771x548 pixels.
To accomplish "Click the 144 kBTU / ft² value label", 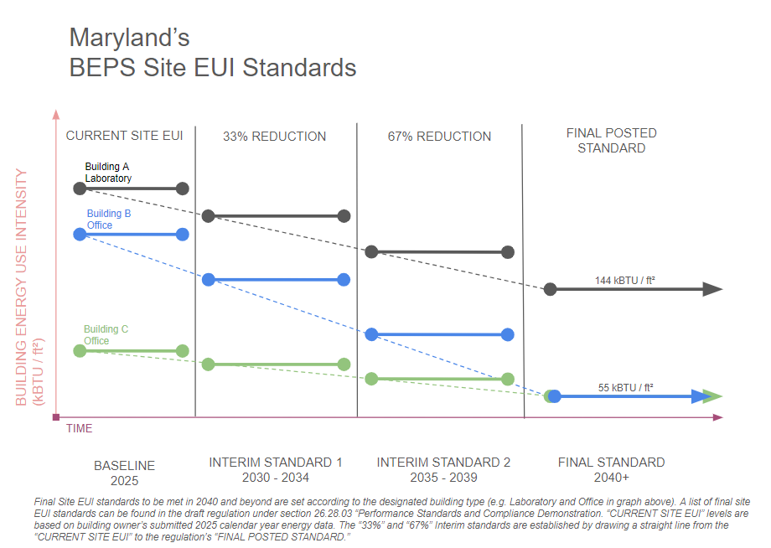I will pyautogui.click(x=624, y=281).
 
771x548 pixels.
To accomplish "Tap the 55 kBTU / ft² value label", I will pyautogui.click(x=626, y=388).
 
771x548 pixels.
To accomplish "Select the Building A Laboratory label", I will pyautogui.click(x=108, y=173).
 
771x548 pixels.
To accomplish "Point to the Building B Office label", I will pyautogui.click(x=109, y=220).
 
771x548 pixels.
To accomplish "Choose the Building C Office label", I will pyautogui.click(x=106, y=335).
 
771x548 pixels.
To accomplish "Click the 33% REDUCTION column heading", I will pyautogui.click(x=274, y=137).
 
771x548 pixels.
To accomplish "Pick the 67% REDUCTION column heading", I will pyautogui.click(x=439, y=137).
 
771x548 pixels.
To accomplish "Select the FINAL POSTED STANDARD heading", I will pyautogui.click(x=611, y=141).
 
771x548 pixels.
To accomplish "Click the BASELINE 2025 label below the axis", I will pyautogui.click(x=124, y=473).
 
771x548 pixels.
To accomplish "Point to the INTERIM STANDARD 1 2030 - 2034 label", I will pyautogui.click(x=276, y=470).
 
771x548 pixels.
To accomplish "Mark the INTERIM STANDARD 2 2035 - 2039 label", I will pyautogui.click(x=443, y=470).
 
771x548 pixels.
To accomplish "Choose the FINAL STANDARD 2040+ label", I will pyautogui.click(x=611, y=470).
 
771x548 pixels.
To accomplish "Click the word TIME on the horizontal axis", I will pyautogui.click(x=80, y=429).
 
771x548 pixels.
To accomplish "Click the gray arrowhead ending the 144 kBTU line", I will pyautogui.click(x=712, y=289).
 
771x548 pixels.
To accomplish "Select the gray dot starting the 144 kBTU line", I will pyautogui.click(x=551, y=289).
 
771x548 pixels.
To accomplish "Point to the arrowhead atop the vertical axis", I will pyautogui.click(x=56, y=115).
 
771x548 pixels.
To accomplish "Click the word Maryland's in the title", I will pyautogui.click(x=129, y=38).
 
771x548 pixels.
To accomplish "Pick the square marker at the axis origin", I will pyautogui.click(x=56, y=416).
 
